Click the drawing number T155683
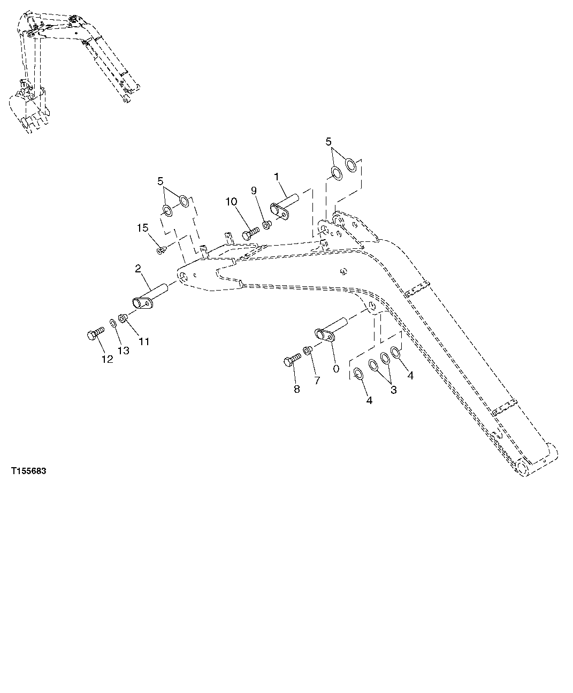28,471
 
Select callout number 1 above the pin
277,176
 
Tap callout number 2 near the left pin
138,268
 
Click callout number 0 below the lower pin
335,369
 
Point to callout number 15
142,229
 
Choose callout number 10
231,202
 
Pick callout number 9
254,191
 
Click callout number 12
108,360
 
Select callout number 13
124,351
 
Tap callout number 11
144,341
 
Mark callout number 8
296,389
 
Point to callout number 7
317,380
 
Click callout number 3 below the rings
393,390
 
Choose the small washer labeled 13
113,323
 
